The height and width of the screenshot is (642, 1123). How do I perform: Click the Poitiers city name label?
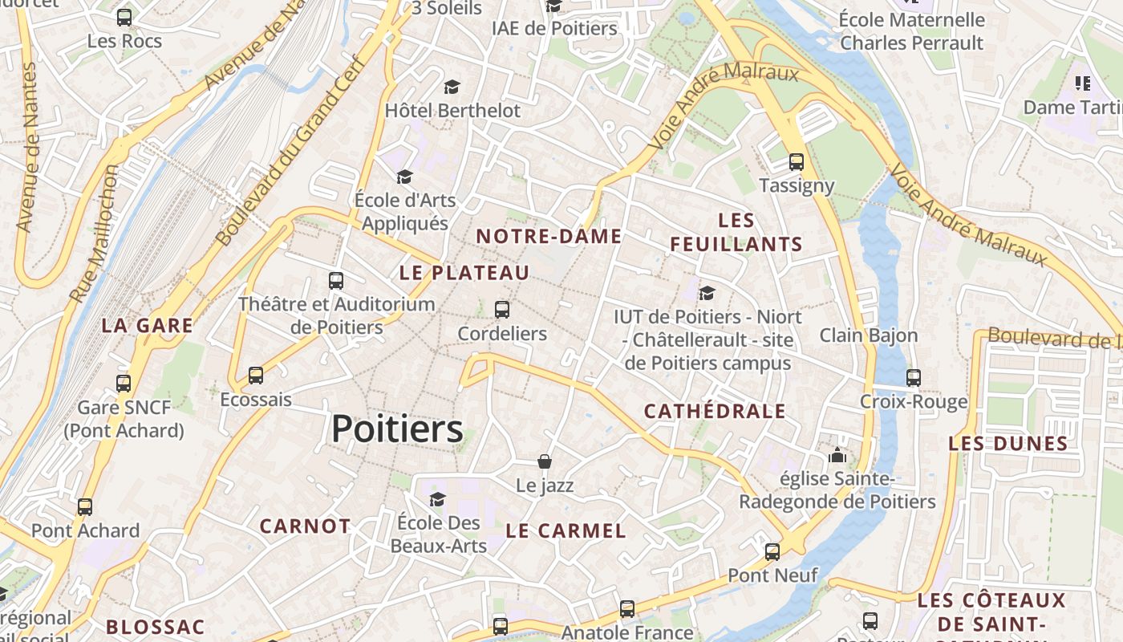tap(397, 429)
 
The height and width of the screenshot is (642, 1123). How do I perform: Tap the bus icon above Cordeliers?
tap(502, 309)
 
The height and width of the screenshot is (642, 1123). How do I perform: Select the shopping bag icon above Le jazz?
tap(545, 461)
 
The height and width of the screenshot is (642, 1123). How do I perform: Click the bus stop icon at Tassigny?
tap(796, 161)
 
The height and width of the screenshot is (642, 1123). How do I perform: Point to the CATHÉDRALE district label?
tap(715, 412)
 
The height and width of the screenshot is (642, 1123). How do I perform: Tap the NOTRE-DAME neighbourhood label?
tap(549, 236)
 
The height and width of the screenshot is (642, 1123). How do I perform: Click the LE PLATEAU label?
tap(464, 273)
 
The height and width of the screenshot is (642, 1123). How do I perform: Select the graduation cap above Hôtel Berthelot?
tap(452, 87)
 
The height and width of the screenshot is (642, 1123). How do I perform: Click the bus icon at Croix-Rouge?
tap(913, 377)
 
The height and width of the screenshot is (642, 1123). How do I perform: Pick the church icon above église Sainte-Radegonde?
tap(837, 456)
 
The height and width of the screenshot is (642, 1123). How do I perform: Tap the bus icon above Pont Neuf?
tap(772, 551)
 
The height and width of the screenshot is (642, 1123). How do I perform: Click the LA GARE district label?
tap(148, 326)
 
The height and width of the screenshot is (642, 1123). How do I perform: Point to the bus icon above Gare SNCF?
tap(124, 384)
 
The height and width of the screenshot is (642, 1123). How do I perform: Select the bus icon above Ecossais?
tap(256, 375)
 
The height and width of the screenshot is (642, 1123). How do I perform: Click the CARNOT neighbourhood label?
tap(305, 526)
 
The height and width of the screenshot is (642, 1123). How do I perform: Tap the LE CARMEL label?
tap(566, 530)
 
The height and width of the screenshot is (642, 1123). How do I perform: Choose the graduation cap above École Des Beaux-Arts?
tap(437, 499)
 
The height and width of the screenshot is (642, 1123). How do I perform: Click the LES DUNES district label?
tap(1008, 443)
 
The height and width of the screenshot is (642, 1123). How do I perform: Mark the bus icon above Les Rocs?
tap(124, 17)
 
